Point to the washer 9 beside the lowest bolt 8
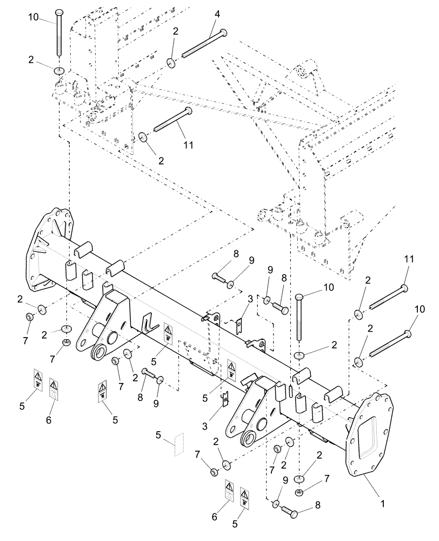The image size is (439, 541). pos(276,504)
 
